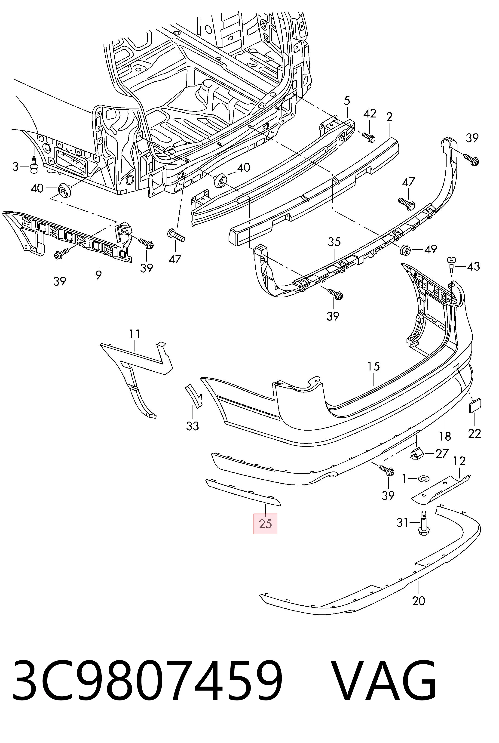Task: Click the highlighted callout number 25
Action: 265,524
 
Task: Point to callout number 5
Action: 347,101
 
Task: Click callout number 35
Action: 334,242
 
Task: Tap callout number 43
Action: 473,266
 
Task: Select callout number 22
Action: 474,433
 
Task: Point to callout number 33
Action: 193,426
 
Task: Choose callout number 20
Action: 419,601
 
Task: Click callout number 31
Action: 402,522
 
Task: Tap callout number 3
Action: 15,166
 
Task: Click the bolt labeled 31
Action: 424,525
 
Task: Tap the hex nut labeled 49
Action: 405,249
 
